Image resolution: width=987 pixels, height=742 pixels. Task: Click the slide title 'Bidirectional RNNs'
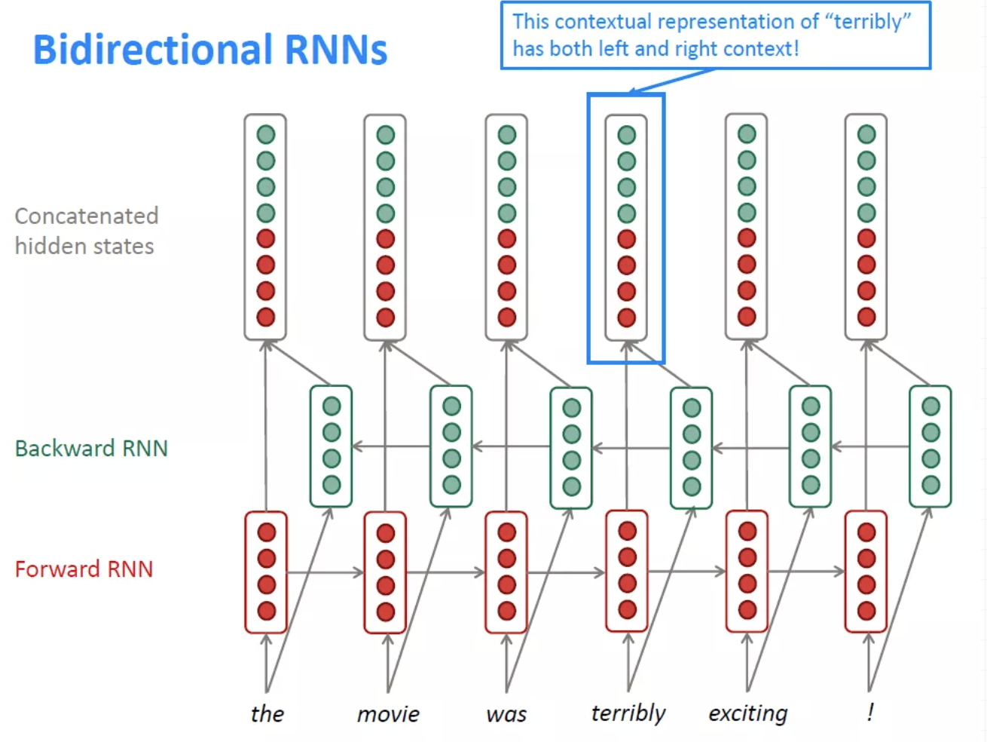click(x=210, y=50)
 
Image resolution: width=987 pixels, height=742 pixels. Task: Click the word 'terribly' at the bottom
click(x=628, y=713)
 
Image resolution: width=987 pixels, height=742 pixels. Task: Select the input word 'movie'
click(x=388, y=713)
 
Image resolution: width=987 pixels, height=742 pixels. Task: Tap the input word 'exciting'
click(x=747, y=713)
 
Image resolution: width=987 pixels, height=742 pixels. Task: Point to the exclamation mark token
click(x=870, y=712)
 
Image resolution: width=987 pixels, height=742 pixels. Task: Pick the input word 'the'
click(x=267, y=713)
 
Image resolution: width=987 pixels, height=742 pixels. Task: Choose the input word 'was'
click(x=506, y=713)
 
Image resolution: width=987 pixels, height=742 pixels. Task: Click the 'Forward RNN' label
click(x=84, y=569)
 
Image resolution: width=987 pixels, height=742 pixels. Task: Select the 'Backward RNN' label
click(x=91, y=448)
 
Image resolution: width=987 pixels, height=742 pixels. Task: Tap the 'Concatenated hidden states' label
click(x=86, y=231)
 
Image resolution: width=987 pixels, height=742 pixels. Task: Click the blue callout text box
click(x=715, y=35)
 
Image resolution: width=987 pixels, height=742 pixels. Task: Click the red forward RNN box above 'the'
click(x=266, y=572)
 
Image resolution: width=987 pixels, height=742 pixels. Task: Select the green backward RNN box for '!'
click(x=930, y=446)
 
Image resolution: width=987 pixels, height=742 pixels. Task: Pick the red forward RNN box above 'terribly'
click(x=627, y=571)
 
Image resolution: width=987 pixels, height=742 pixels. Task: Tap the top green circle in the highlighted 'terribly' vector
click(x=627, y=135)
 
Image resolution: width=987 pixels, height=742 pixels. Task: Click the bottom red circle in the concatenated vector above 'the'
click(x=266, y=317)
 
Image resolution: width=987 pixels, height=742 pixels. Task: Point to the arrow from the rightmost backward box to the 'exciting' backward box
click(x=870, y=446)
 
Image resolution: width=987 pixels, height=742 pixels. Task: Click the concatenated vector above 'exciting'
click(x=747, y=226)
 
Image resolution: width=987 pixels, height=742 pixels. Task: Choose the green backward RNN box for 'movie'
click(x=451, y=446)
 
